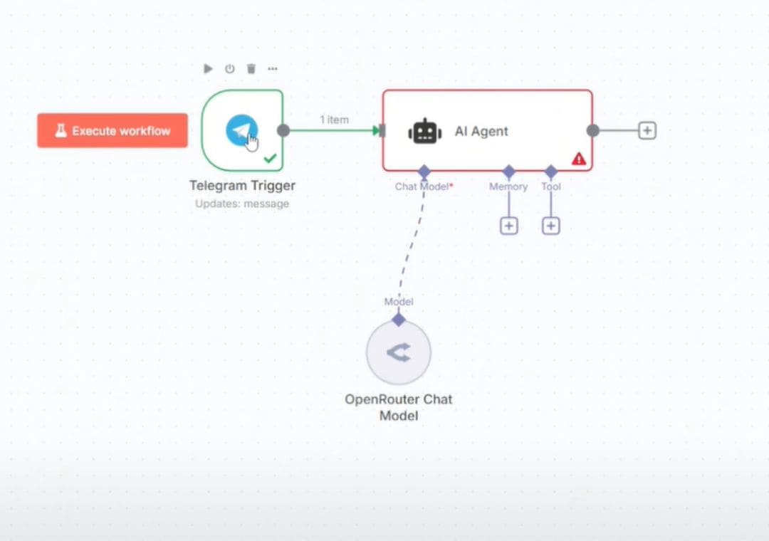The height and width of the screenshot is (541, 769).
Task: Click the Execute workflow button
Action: pyautogui.click(x=113, y=131)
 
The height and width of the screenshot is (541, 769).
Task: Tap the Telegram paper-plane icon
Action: pyautogui.click(x=241, y=130)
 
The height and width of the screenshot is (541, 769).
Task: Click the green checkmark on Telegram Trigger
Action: pyautogui.click(x=270, y=158)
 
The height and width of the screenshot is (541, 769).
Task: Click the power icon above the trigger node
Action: pyautogui.click(x=229, y=69)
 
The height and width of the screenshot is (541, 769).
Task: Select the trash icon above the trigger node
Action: pyautogui.click(x=251, y=69)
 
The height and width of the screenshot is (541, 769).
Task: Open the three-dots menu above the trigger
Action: pyautogui.click(x=272, y=69)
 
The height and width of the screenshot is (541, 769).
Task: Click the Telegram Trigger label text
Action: pyautogui.click(x=242, y=186)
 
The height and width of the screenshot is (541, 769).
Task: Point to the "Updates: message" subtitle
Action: pyautogui.click(x=242, y=204)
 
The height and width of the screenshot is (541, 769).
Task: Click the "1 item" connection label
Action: pyautogui.click(x=334, y=120)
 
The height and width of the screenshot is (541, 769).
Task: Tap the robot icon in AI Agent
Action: pyautogui.click(x=425, y=131)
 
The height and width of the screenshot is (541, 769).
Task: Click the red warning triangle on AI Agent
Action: pyautogui.click(x=579, y=159)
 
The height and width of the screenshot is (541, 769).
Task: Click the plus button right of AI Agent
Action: pyautogui.click(x=647, y=130)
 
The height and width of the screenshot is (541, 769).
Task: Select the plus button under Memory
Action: pyautogui.click(x=508, y=226)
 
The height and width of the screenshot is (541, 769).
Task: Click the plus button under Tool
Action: pyautogui.click(x=550, y=226)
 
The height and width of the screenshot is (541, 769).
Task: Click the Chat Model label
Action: pyautogui.click(x=423, y=187)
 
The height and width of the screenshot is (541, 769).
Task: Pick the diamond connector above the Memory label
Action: pyautogui.click(x=508, y=172)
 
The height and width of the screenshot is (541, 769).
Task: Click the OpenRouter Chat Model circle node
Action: pyautogui.click(x=399, y=352)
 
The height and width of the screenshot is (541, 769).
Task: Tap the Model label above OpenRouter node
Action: pyautogui.click(x=399, y=302)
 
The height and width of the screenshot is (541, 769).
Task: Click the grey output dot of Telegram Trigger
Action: pyautogui.click(x=283, y=130)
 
